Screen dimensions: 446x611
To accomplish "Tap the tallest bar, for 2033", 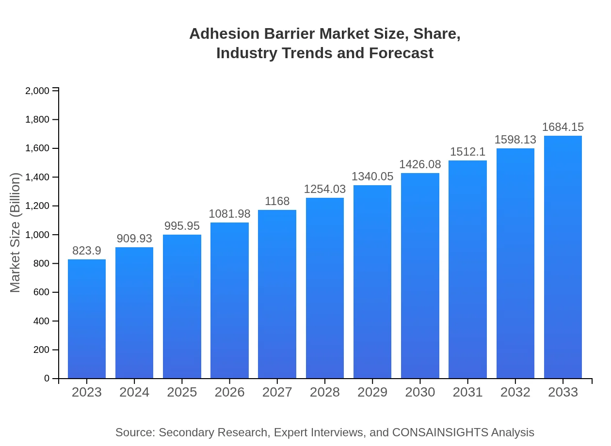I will pyautogui.click(x=563, y=257).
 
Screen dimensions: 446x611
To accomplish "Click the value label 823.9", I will pyautogui.click(x=87, y=251).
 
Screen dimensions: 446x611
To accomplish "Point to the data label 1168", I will pyautogui.click(x=277, y=201).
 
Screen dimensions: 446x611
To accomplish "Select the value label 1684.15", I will pyautogui.click(x=563, y=127).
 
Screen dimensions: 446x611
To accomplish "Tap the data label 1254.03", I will pyautogui.click(x=324, y=189).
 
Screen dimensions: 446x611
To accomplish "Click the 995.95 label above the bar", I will pyautogui.click(x=182, y=226).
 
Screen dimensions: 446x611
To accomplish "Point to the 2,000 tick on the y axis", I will pyautogui.click(x=37, y=91).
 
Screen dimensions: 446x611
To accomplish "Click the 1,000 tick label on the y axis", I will pyautogui.click(x=37, y=235).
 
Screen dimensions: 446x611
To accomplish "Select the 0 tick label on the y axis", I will pyautogui.click(x=47, y=379).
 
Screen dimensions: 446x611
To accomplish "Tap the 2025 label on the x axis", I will pyautogui.click(x=182, y=392).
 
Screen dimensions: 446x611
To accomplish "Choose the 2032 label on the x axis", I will pyautogui.click(x=515, y=392).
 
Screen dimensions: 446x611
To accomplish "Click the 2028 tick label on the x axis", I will pyautogui.click(x=324, y=392).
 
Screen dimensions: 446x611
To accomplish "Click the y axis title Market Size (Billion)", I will pyautogui.click(x=16, y=233).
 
